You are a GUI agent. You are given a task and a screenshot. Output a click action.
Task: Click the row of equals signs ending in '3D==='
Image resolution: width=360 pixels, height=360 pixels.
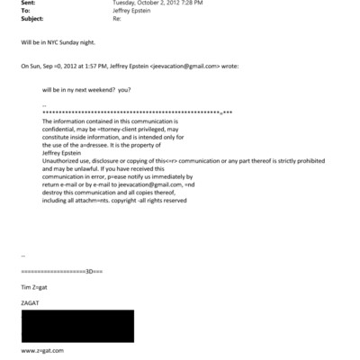click(x=61, y=270)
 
